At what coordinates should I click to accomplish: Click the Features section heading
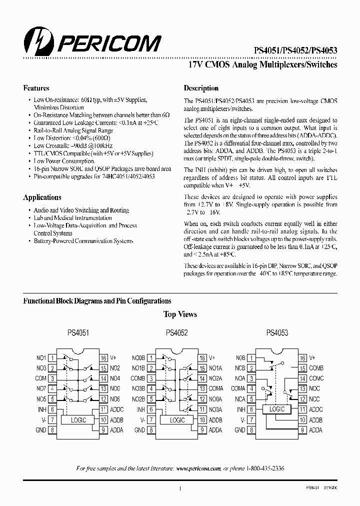click(36, 88)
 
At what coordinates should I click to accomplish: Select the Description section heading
click(201, 88)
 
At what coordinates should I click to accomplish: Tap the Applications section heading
click(42, 197)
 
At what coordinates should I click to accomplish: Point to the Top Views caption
click(180, 314)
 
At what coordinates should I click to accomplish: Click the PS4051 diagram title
click(78, 332)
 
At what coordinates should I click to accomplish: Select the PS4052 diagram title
click(177, 332)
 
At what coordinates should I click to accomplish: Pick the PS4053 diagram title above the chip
click(277, 332)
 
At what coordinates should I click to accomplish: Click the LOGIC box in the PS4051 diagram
click(78, 420)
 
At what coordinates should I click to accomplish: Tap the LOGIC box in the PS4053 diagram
click(277, 409)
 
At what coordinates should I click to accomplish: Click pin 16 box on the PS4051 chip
click(103, 358)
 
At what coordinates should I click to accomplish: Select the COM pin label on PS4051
click(40, 378)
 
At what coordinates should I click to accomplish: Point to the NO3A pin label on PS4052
click(215, 409)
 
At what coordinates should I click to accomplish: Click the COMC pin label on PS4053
click(316, 378)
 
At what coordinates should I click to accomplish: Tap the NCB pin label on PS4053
click(240, 368)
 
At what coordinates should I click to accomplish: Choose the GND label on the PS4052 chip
click(139, 430)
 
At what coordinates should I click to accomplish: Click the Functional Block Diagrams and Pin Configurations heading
click(97, 301)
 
